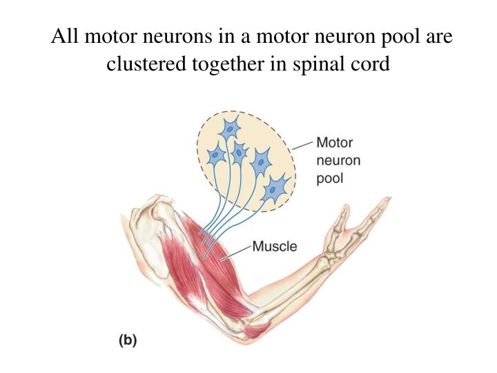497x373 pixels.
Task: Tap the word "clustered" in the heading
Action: tap(142, 64)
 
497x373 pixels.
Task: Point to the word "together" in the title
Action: tap(224, 64)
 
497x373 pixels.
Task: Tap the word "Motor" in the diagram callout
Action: tap(334, 144)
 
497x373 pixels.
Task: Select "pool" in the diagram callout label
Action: tap(329, 178)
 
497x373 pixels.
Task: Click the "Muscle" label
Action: tap(274, 245)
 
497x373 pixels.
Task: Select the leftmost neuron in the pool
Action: tap(217, 155)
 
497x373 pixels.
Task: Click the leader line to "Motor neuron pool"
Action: tap(302, 145)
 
